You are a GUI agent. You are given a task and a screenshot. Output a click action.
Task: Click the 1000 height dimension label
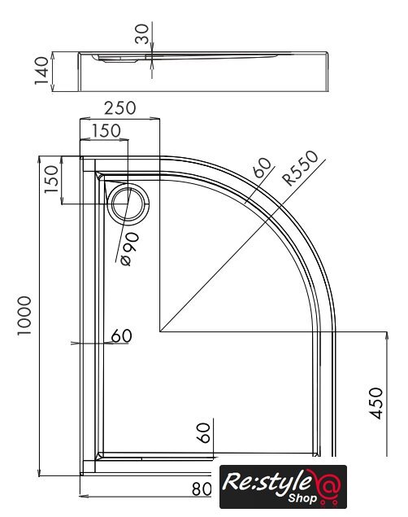tap(24, 316)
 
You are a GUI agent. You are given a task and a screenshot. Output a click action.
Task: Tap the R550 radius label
tap(301, 168)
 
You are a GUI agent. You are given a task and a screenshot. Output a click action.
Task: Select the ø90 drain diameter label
tap(130, 249)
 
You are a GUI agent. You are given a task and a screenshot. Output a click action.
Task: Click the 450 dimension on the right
tap(376, 403)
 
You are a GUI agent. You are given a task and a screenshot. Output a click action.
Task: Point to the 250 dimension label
tap(119, 107)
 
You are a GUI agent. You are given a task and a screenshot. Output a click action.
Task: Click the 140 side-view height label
tap(41, 71)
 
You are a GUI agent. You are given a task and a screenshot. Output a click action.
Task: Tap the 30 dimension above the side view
tap(141, 34)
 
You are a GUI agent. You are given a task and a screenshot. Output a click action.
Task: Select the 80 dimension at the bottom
tap(202, 489)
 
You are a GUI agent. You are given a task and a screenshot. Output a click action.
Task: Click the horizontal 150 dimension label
tap(106, 130)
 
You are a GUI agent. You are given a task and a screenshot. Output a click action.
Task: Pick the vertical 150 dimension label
tap(51, 179)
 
